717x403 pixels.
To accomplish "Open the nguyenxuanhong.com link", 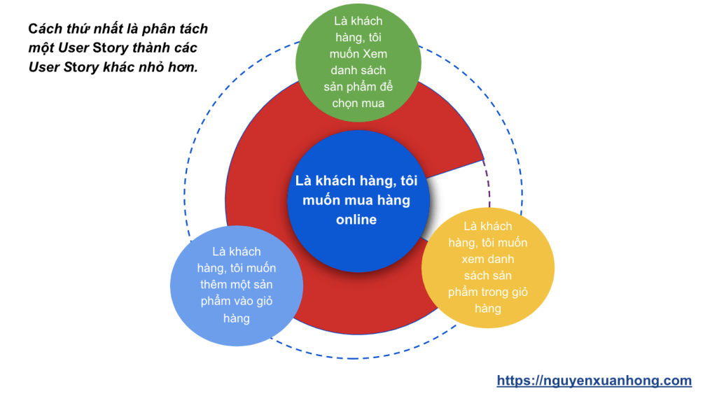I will click(594, 381).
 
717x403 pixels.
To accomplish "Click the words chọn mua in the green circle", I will click(358, 104).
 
